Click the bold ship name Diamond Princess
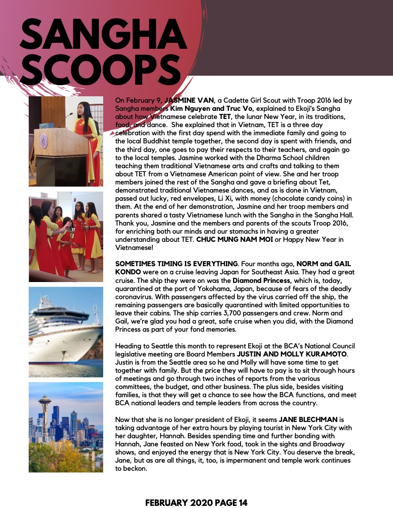(x=255, y=281)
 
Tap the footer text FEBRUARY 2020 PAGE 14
(x=196, y=503)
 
